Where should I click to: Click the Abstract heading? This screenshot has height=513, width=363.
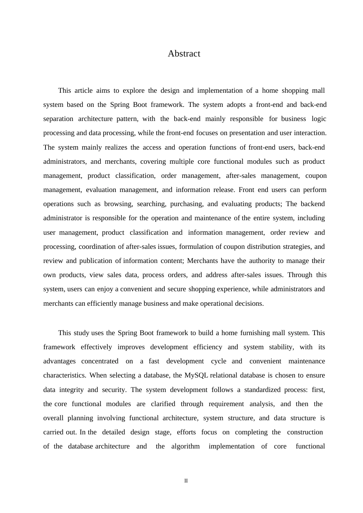[x=184, y=54]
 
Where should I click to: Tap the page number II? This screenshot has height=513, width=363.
[x=186, y=481]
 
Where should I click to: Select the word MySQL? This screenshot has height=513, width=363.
[x=196, y=376]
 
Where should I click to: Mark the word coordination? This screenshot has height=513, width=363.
[x=97, y=247]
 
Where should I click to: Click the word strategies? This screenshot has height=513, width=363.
[x=297, y=247]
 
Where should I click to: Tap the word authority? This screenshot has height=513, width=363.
[x=262, y=261]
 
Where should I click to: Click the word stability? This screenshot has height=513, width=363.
[x=281, y=347]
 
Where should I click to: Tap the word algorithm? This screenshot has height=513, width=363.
[x=185, y=447]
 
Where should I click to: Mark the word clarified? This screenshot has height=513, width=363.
[x=163, y=404]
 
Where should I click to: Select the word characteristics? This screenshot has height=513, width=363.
[x=65, y=376]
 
